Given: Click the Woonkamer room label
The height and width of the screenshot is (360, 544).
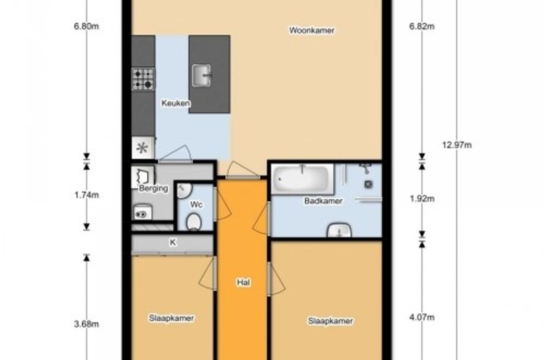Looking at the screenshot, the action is (x=312, y=31).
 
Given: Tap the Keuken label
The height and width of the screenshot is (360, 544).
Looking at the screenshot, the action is (x=176, y=103).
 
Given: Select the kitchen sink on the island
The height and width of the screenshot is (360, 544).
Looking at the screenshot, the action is (x=201, y=75).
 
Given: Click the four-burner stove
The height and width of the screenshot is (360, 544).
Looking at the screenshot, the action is (x=143, y=79).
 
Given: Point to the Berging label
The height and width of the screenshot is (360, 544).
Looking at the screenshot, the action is (x=153, y=188).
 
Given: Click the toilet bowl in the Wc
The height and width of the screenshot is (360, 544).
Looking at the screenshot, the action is (x=193, y=222).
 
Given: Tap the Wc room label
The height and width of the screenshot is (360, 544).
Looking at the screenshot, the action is (x=196, y=205).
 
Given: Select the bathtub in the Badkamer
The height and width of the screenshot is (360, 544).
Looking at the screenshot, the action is (x=302, y=179).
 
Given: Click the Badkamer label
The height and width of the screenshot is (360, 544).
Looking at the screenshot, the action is (x=324, y=201).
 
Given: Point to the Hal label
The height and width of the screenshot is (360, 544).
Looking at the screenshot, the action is (x=243, y=283).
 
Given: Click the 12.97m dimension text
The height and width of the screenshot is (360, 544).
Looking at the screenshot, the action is (x=456, y=145).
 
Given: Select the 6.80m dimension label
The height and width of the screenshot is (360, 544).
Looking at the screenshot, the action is (x=86, y=26).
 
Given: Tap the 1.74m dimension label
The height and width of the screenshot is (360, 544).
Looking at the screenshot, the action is (x=86, y=195).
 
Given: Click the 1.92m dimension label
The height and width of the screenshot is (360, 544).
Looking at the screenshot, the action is (x=422, y=199).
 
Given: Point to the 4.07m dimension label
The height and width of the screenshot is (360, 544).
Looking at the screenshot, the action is (x=422, y=317).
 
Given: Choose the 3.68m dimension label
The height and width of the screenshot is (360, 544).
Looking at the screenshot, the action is (x=86, y=324).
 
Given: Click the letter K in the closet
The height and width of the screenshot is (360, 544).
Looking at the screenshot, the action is (x=173, y=242).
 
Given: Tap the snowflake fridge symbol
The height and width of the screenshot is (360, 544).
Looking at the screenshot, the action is (x=142, y=148).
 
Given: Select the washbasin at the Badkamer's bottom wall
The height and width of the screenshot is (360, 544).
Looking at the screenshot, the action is (x=339, y=230).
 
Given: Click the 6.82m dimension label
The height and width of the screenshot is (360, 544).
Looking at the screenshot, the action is (x=422, y=26).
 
